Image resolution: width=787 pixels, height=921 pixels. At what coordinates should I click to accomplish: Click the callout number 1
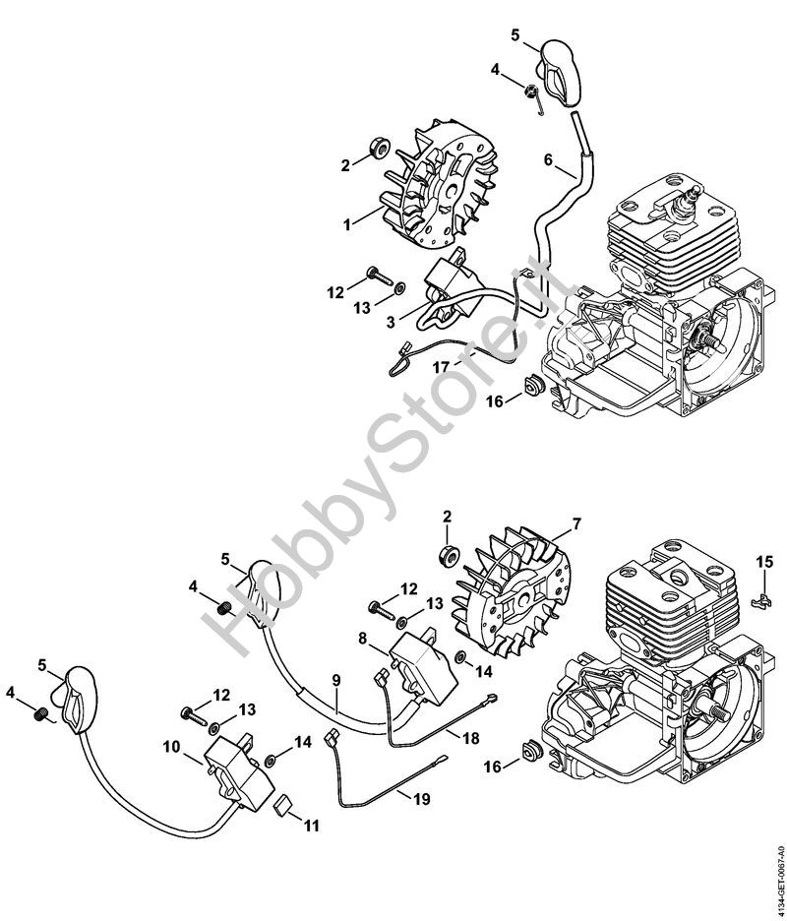coord(347,223)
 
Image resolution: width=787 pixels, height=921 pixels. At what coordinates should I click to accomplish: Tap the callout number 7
coord(576,522)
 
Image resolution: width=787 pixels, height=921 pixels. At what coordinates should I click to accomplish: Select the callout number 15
coord(764,562)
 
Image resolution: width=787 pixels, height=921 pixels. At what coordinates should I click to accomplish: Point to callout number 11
coord(311,826)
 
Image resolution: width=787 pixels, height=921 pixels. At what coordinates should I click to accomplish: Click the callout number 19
coord(421,799)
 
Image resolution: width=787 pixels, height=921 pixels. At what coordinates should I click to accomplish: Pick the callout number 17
coord(441,367)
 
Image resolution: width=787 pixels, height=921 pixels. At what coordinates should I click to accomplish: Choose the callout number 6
coord(548,159)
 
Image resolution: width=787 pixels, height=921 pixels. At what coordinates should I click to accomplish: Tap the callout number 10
coord(171,747)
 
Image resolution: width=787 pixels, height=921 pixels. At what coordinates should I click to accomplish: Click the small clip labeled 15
coord(760,600)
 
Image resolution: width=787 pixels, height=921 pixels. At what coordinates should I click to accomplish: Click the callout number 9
coord(335,680)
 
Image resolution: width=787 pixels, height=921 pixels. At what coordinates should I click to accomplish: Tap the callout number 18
coord(470,737)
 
